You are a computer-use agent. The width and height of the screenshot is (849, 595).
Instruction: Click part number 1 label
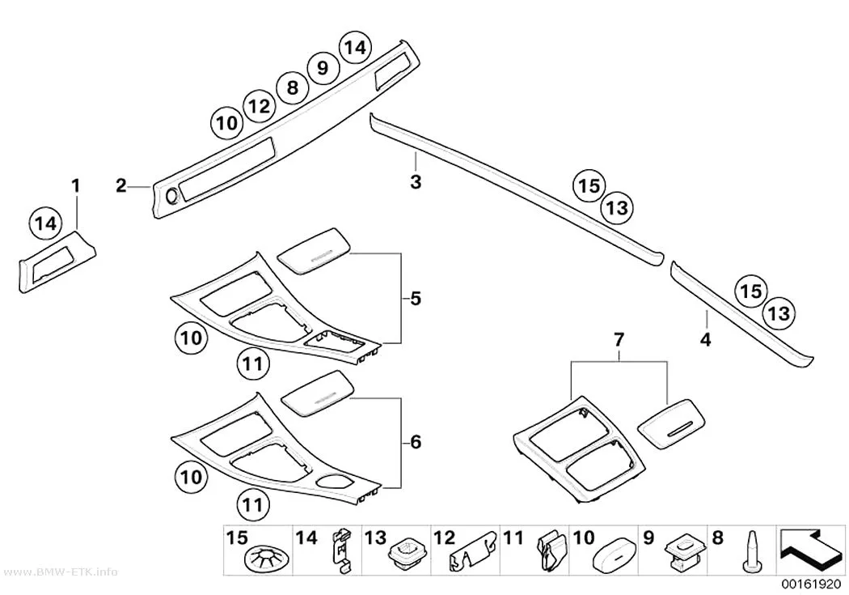click(x=76, y=186)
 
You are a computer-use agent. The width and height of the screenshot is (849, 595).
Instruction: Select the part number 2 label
click(x=120, y=186)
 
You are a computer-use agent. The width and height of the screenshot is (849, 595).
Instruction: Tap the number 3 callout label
click(x=416, y=182)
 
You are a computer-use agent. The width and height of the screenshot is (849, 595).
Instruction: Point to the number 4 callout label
click(x=705, y=340)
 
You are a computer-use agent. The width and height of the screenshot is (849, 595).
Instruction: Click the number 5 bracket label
click(x=416, y=299)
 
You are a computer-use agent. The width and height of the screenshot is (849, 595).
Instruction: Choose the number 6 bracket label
click(x=416, y=442)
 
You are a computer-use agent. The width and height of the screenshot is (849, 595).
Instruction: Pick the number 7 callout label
click(x=619, y=340)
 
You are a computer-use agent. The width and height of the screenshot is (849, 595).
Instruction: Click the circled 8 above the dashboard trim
click(x=293, y=87)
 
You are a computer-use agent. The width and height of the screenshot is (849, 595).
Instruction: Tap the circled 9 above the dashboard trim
click(x=323, y=68)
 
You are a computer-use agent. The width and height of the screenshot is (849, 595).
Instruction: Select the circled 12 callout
click(x=259, y=106)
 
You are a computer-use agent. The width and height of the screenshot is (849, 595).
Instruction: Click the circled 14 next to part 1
click(x=46, y=223)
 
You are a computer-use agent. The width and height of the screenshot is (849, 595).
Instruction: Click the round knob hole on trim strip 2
click(x=171, y=197)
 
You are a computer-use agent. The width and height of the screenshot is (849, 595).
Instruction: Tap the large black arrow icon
click(x=810, y=550)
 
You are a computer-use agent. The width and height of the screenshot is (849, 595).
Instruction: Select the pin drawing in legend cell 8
click(x=752, y=551)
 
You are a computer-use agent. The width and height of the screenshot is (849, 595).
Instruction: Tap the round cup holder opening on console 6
click(x=336, y=482)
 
